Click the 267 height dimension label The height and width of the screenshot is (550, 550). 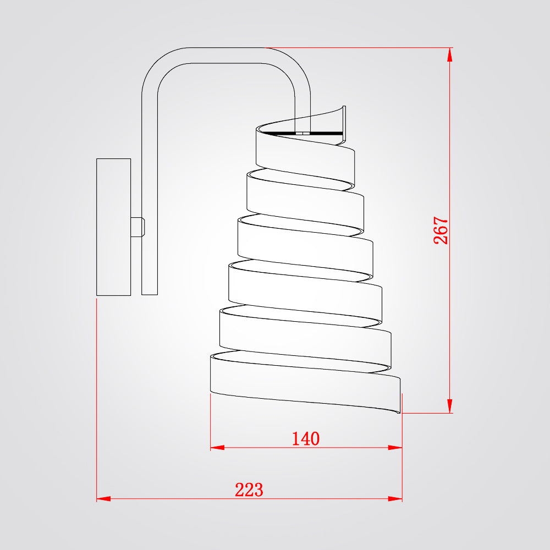441,230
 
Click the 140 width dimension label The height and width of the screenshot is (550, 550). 306,438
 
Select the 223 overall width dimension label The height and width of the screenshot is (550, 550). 249,490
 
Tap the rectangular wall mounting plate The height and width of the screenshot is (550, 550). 114,227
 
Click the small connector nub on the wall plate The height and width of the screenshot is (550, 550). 138,227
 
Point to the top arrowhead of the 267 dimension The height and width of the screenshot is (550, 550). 450,54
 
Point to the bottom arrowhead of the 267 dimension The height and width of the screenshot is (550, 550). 450,406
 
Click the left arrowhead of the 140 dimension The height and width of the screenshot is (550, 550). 217,448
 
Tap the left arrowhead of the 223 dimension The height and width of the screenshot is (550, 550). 103,498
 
